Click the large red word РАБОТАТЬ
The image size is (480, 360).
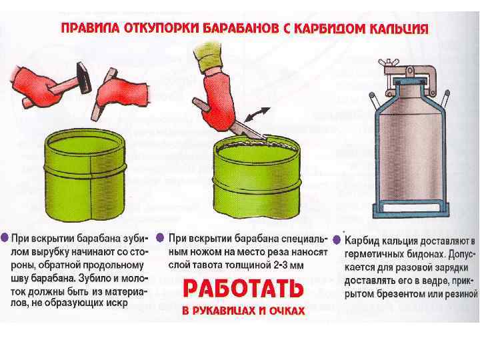coord(243,289)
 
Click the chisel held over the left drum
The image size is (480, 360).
coord(103,95)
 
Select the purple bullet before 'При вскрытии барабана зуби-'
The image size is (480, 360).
coord(5,237)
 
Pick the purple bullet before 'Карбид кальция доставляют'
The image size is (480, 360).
coord(337,240)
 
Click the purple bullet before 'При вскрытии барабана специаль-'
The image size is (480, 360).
coord(160,238)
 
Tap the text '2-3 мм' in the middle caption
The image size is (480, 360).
coord(288,265)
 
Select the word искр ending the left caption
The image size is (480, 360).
coord(117,304)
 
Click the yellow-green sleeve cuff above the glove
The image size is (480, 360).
coord(208,57)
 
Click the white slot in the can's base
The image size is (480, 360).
coord(411,208)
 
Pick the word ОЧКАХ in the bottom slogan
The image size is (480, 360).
coord(287,311)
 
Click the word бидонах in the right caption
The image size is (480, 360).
coord(424,255)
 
